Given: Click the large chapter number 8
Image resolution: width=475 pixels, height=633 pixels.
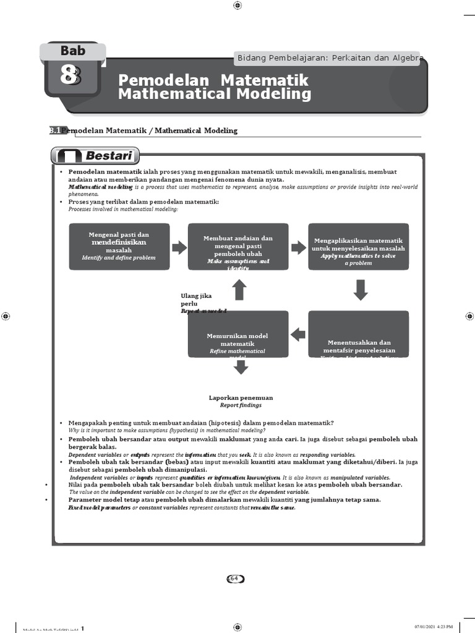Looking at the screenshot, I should pos(71,75).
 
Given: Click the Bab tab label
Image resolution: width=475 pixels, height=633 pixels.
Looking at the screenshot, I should pos(73,51).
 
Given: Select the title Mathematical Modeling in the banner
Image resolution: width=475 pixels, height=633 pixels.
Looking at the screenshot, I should pos(215,94).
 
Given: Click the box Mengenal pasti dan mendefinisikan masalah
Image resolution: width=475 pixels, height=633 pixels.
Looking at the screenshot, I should pos(119,246).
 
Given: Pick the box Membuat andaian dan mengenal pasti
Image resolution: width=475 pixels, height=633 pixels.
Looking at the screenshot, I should pos(238,246).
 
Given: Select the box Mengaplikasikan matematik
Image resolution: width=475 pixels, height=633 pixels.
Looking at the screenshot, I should pos(358,246).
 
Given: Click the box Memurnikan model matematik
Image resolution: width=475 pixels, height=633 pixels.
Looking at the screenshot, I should pos(238,334).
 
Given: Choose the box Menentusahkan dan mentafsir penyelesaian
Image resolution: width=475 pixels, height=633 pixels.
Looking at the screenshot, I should pos(358,334).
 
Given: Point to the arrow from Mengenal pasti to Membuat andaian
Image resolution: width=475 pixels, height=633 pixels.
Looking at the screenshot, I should pos(179,248).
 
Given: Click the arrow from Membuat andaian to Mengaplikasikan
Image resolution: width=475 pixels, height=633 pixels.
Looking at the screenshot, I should pos(299,248).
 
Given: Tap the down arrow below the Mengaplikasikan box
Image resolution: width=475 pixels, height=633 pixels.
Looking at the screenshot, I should pos(361,289).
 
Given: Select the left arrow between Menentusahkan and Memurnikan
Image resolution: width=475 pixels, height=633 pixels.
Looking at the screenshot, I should pos(298,334).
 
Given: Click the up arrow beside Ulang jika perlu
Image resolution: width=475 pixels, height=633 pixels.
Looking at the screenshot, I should pos(239,289).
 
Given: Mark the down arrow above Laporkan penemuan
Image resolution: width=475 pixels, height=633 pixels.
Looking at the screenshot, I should pos(241,367).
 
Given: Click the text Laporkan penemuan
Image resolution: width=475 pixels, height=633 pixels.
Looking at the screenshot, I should pos(241,397).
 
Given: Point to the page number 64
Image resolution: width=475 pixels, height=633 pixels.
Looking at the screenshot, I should pos(234,579).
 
